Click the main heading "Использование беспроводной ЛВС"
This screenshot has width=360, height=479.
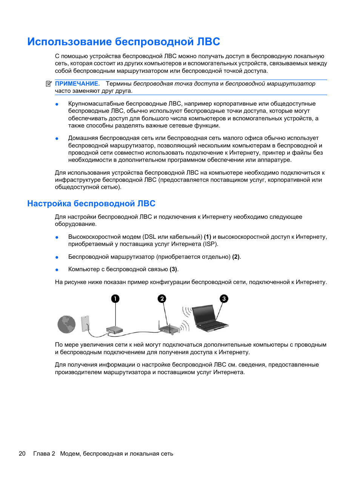(x=123, y=41)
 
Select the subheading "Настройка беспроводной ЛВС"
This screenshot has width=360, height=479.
(x=91, y=204)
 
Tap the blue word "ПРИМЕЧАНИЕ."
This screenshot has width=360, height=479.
(x=77, y=84)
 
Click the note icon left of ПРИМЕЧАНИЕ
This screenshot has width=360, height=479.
(x=49, y=84)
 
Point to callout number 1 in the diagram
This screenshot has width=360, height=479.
(x=115, y=299)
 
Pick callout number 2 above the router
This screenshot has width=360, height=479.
(x=162, y=299)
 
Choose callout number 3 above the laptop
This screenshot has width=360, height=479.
(x=224, y=299)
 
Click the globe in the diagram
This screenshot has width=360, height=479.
(x=66, y=324)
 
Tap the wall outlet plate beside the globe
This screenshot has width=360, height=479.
(x=86, y=323)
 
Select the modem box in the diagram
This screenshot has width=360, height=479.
(x=115, y=330)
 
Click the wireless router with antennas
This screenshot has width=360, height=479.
(x=169, y=329)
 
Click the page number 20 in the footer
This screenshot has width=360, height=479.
(x=22, y=454)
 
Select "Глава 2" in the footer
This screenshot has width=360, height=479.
(x=44, y=454)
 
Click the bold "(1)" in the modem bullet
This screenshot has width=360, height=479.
(x=208, y=237)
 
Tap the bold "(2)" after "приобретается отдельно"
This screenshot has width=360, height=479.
(x=236, y=257)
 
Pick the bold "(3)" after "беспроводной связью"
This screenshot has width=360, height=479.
(x=173, y=269)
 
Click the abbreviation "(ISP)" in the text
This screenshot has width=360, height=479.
(x=210, y=244)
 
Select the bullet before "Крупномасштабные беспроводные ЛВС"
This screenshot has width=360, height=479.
(x=57, y=104)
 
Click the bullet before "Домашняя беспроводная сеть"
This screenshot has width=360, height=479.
(x=57, y=138)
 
